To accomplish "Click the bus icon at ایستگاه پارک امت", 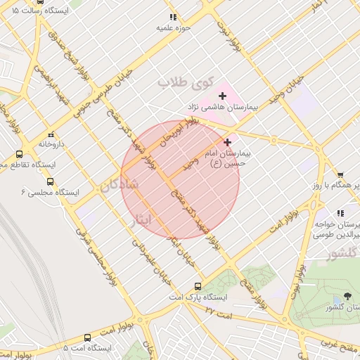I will point(198,286).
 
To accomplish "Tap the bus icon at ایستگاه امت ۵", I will point(87,337).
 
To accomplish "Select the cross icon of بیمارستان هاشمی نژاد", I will point(223,95).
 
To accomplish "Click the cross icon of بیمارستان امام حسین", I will point(227,142).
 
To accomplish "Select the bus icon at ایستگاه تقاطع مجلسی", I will point(19,154).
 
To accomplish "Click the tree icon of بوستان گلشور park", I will point(347,296).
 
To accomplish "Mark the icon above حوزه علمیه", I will point(172,17).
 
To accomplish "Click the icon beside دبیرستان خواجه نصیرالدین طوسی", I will point(340,212).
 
